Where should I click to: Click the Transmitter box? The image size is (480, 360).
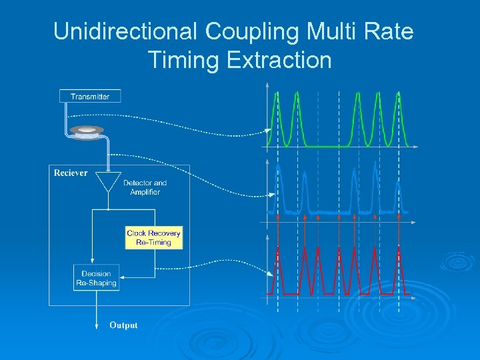[x=90, y=97]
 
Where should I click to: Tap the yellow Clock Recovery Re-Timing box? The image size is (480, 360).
[x=153, y=238]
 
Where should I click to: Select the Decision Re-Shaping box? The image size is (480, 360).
[x=97, y=278]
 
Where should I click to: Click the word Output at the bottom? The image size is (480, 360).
[x=123, y=325]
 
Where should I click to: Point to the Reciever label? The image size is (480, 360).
[x=71, y=173]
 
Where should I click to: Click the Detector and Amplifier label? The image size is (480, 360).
[x=145, y=187]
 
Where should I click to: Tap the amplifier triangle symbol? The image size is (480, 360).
[x=107, y=181]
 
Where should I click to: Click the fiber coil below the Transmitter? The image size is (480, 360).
[x=86, y=132]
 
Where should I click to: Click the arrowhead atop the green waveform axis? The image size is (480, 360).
[x=267, y=85]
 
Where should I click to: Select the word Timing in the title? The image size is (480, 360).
[x=185, y=60]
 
